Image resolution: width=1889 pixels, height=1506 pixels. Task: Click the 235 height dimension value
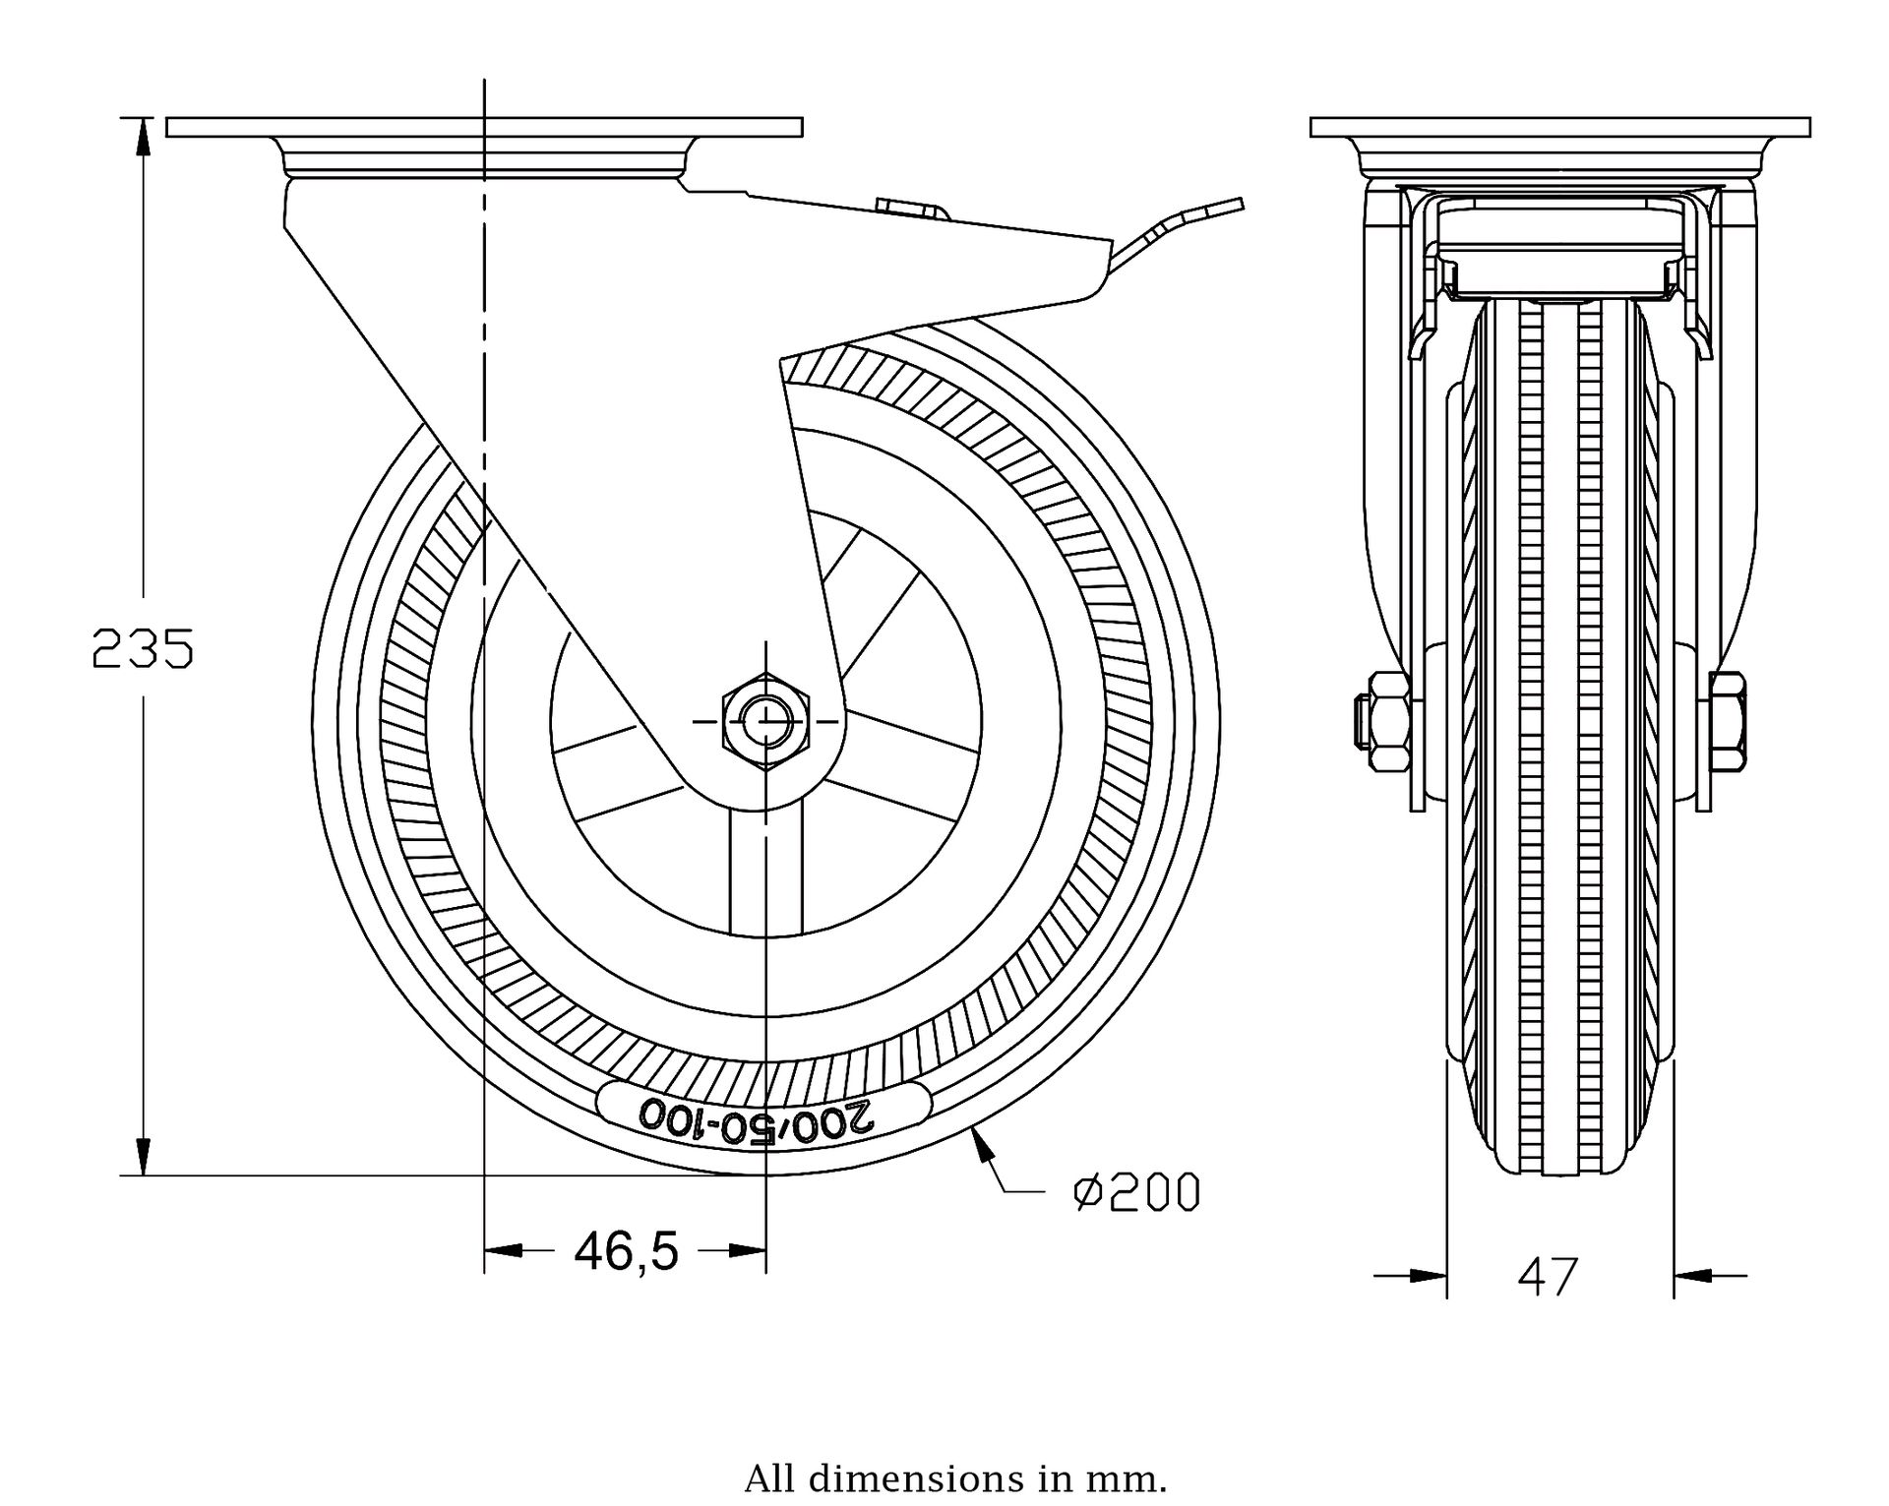pyautogui.click(x=143, y=649)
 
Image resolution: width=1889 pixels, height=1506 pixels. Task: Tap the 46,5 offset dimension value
pyautogui.click(x=627, y=1251)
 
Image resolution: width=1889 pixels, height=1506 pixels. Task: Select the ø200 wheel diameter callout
pyautogui.click(x=1137, y=1193)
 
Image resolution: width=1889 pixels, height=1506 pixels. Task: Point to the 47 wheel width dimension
pyautogui.click(x=1548, y=1277)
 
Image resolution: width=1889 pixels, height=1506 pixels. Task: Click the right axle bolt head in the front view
pyautogui.click(x=1728, y=721)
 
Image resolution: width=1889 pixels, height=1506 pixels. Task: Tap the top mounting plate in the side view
pyautogui.click(x=484, y=127)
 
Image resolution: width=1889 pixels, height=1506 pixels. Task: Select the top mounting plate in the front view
pyautogui.click(x=1560, y=127)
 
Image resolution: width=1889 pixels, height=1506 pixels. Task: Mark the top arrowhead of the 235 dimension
pyautogui.click(x=144, y=137)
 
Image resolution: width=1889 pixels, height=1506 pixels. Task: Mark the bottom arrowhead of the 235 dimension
pyautogui.click(x=144, y=1157)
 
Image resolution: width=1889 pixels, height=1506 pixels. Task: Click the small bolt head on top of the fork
pyautogui.click(x=910, y=208)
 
